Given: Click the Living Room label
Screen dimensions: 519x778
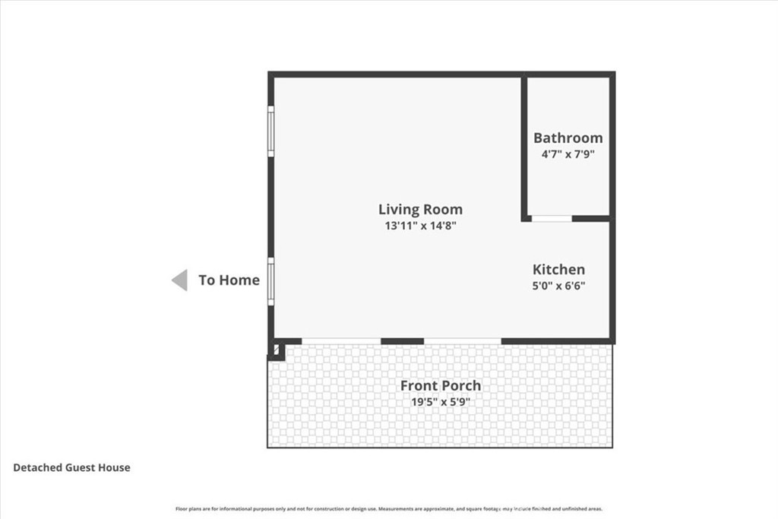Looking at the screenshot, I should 420,209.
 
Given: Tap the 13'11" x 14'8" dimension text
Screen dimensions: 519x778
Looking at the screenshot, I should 420,226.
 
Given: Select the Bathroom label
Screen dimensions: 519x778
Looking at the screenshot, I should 568,138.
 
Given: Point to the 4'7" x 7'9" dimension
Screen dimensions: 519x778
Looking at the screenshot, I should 568,154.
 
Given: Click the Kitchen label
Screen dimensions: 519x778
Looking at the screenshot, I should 558,269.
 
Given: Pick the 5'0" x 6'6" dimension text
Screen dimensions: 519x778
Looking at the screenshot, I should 558,286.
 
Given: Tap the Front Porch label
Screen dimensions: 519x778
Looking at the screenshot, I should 441,385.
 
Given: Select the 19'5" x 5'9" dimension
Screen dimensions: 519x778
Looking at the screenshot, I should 441,402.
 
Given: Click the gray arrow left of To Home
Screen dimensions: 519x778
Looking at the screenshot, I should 179,280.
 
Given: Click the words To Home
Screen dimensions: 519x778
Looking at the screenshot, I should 229,280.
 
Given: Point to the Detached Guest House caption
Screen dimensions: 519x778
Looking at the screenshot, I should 71,467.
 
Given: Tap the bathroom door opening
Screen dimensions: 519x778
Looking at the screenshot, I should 551,219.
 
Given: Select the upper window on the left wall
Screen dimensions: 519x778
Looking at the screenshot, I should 270,131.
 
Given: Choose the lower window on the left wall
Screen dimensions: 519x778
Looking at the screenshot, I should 270,282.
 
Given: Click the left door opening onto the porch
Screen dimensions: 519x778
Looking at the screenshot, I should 341,341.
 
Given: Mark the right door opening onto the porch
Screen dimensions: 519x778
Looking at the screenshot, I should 463,341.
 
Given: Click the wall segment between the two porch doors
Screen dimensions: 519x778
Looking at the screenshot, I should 402,341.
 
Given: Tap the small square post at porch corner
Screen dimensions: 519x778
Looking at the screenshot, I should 276,350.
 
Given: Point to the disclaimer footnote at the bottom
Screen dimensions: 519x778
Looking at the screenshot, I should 389,509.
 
